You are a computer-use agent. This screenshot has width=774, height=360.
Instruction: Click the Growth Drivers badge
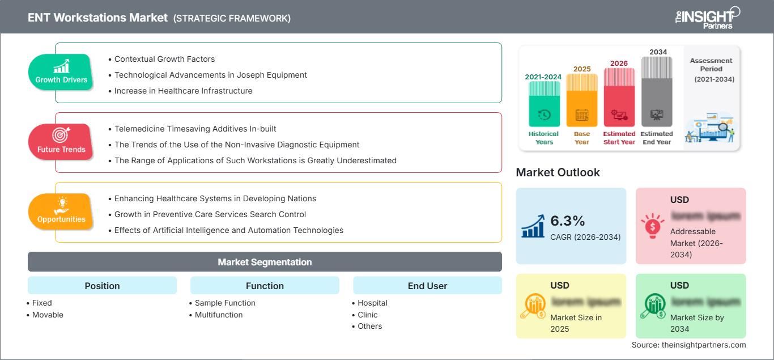[x=61, y=73]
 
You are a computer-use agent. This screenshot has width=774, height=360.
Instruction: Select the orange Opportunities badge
[x=61, y=212]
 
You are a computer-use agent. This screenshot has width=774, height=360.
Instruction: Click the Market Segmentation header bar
[x=265, y=262]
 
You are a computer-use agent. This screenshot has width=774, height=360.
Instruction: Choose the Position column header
[x=102, y=286]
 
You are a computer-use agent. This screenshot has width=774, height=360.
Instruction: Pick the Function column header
[x=265, y=286]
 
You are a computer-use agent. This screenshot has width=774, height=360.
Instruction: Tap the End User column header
[x=427, y=286]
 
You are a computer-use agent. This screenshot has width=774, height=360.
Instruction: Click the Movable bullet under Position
[x=48, y=315]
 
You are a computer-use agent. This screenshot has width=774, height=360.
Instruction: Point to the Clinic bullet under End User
[x=367, y=315]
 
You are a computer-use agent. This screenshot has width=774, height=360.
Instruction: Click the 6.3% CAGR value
[x=567, y=221]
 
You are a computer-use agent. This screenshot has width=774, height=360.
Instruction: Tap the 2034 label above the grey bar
[x=658, y=52]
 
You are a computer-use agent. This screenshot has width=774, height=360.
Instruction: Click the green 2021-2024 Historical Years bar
[x=544, y=104]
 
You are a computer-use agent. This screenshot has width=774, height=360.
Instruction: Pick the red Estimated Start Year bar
[x=619, y=97]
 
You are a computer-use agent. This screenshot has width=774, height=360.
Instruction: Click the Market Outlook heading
[x=558, y=172]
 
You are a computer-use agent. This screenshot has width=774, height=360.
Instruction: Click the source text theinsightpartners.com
[x=688, y=345]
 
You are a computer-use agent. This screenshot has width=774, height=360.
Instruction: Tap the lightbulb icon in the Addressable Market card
[x=652, y=226]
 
